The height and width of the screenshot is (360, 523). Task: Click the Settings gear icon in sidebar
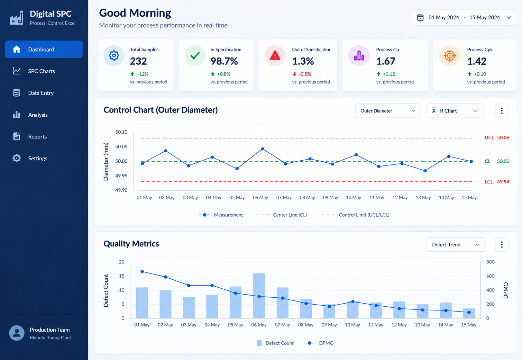click(x=17, y=158)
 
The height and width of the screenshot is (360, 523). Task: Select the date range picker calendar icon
click(x=420, y=18)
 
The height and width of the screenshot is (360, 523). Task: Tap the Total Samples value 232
click(x=138, y=61)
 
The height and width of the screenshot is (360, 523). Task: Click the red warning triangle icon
click(x=275, y=56)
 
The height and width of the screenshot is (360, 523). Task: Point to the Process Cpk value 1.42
click(x=477, y=61)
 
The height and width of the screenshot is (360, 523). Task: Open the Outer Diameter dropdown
click(x=388, y=111)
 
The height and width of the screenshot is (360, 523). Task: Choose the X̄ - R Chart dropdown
click(x=455, y=111)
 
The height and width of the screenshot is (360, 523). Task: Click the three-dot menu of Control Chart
click(x=502, y=111)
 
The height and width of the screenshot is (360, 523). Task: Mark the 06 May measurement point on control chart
click(x=263, y=149)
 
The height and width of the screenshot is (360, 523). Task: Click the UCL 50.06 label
click(x=497, y=138)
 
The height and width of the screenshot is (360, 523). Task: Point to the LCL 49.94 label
click(x=497, y=182)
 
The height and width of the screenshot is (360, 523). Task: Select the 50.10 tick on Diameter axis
click(x=121, y=132)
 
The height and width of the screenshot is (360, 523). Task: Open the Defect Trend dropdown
click(x=456, y=245)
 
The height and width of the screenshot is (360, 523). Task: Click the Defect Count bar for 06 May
click(x=259, y=296)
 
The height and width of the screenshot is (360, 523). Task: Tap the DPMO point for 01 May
click(x=142, y=272)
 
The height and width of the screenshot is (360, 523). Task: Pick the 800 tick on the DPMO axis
click(x=490, y=262)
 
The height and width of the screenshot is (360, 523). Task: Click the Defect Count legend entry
click(x=275, y=343)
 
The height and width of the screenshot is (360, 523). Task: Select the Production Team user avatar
click(x=17, y=333)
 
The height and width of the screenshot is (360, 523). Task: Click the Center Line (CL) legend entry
click(x=282, y=215)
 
